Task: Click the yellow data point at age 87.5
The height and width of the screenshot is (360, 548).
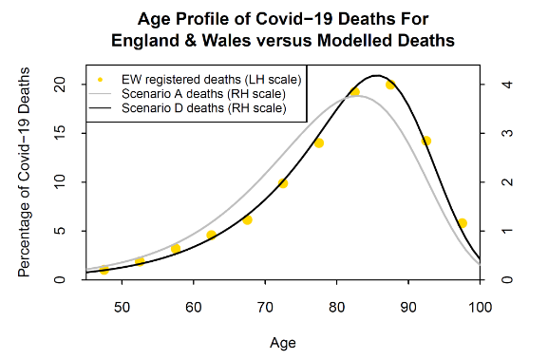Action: coord(390,85)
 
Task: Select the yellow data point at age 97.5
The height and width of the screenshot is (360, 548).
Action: coord(463,223)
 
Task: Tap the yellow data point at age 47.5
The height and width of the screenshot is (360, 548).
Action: coord(104,270)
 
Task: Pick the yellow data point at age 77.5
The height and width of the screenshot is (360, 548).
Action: coord(319,142)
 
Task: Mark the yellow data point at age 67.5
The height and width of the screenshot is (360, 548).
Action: coord(247,220)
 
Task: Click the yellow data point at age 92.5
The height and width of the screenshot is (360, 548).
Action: coord(426,141)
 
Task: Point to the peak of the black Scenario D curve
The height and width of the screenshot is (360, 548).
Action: coord(377,75)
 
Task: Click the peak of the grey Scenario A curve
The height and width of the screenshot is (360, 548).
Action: coord(356,96)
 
